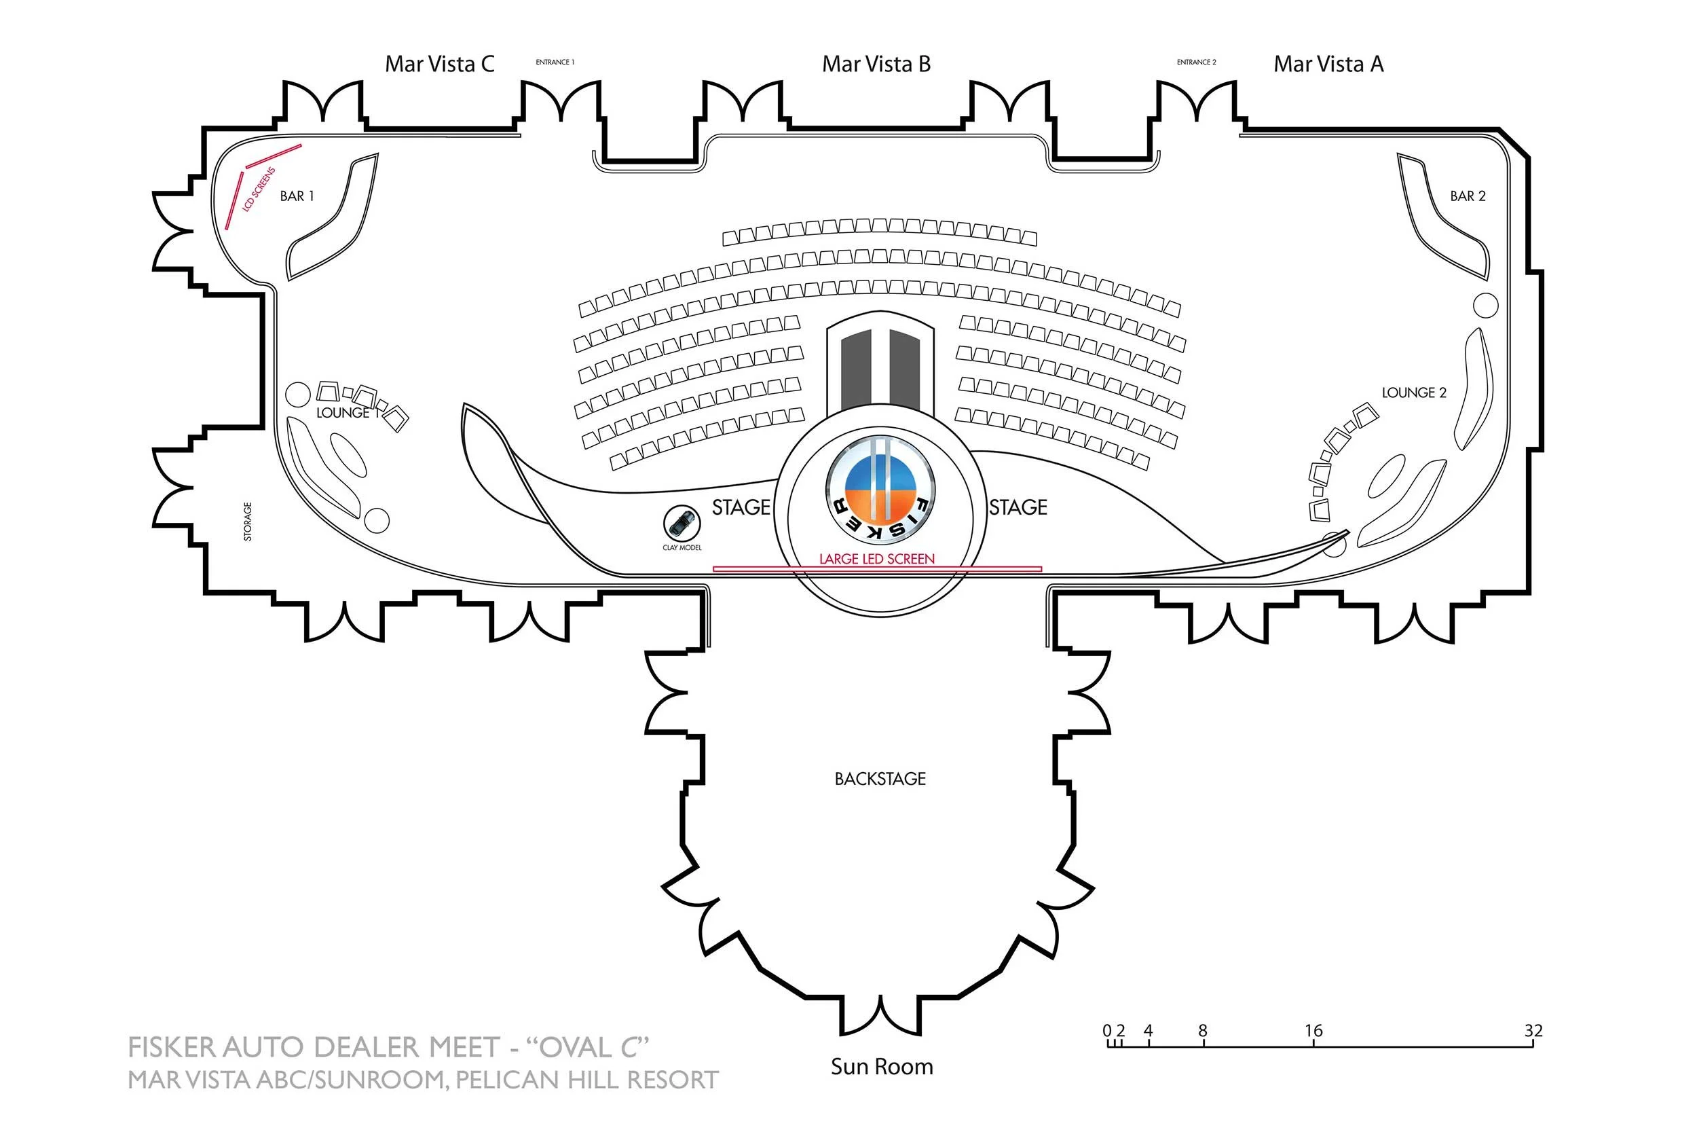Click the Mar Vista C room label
(x=439, y=65)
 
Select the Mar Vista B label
(x=876, y=65)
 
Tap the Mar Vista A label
(x=1328, y=65)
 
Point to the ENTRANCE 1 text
(x=555, y=62)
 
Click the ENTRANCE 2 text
(x=1196, y=62)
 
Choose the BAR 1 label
(x=297, y=196)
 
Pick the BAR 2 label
(x=1468, y=196)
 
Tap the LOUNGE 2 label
(x=1413, y=392)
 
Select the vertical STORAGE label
(x=248, y=522)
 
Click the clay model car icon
(x=682, y=522)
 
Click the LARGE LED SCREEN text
(x=876, y=559)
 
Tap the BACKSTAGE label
(x=880, y=779)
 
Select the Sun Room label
(x=882, y=1067)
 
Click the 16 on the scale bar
(x=1313, y=1030)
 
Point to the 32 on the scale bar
(x=1533, y=1030)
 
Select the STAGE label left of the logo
(x=741, y=507)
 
